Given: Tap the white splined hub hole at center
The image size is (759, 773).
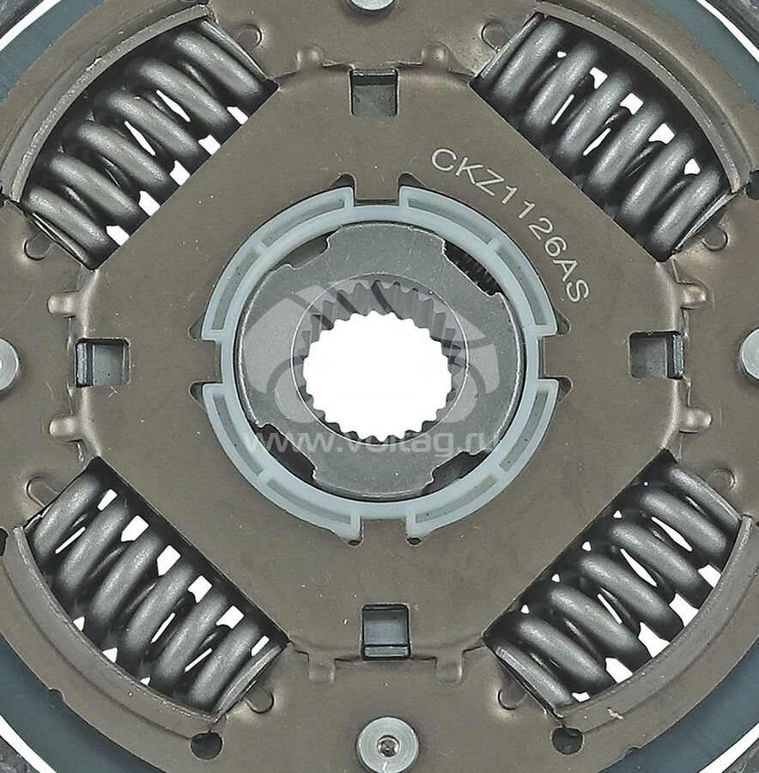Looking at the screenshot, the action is click(x=378, y=375).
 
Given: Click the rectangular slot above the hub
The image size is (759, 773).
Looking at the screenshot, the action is click(x=374, y=93).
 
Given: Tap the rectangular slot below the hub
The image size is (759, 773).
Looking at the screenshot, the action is click(x=386, y=631).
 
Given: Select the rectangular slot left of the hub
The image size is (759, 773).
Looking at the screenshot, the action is click(x=102, y=363).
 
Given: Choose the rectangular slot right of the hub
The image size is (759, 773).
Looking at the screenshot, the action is click(x=657, y=356).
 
